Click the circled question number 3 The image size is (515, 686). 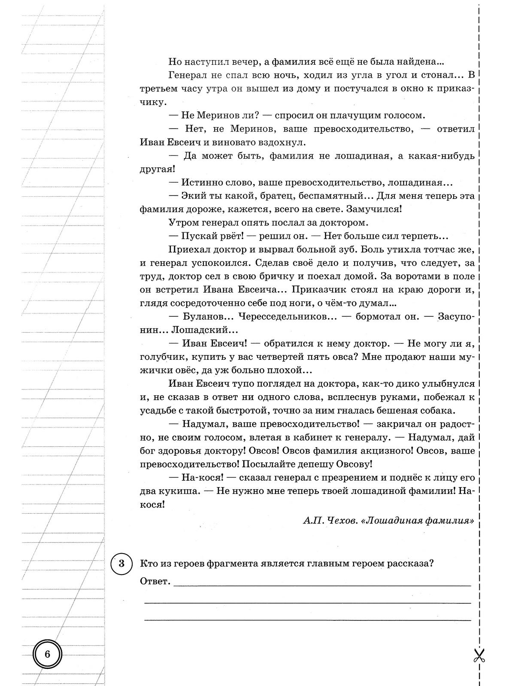[x=121, y=563]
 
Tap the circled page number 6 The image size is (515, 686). [x=47, y=655]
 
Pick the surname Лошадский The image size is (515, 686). [x=204, y=330]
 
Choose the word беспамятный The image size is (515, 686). [x=326, y=196]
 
